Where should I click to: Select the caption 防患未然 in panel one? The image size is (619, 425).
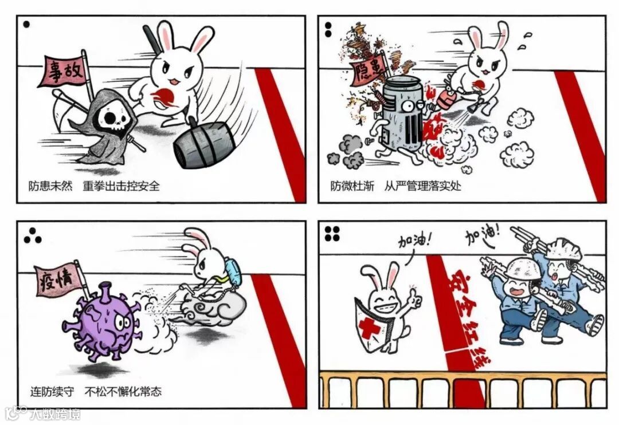[50, 186]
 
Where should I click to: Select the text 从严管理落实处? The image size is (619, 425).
[422, 186]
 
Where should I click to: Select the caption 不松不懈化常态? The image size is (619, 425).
[123, 391]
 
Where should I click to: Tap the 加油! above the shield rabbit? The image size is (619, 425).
[414, 239]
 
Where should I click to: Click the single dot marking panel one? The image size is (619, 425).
[26, 25]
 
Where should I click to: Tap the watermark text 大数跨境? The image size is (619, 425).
[54, 414]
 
